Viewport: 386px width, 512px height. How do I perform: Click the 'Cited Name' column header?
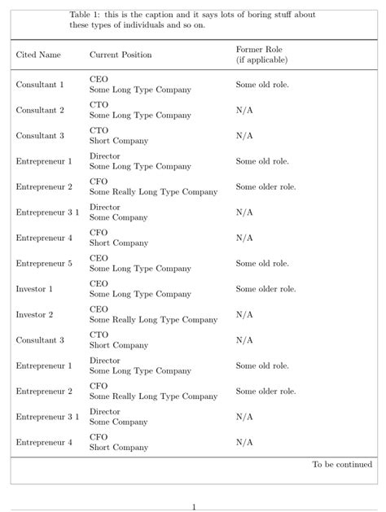(x=38, y=55)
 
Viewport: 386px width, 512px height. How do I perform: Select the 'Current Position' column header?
(x=120, y=55)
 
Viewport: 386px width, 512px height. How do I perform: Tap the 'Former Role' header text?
(x=259, y=50)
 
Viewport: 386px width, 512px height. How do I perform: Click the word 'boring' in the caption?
(x=239, y=15)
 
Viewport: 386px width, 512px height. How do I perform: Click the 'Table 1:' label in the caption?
(x=85, y=15)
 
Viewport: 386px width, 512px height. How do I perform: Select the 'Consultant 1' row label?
(x=40, y=85)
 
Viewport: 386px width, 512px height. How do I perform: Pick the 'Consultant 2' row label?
(x=40, y=110)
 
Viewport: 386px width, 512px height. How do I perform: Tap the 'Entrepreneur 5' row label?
(x=44, y=264)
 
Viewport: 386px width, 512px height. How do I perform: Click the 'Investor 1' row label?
(x=34, y=289)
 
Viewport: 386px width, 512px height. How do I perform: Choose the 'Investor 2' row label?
(x=34, y=314)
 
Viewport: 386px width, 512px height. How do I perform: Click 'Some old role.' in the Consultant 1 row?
(x=262, y=85)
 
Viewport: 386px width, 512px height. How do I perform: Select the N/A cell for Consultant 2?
(x=244, y=110)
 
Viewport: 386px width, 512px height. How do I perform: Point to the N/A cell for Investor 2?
(x=244, y=314)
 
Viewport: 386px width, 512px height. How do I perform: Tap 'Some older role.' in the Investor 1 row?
(x=265, y=289)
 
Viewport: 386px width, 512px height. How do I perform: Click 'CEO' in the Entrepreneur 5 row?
(x=99, y=258)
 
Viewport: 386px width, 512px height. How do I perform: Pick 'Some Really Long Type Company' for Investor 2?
(x=153, y=320)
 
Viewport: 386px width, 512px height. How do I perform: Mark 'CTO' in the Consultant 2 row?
(x=99, y=104)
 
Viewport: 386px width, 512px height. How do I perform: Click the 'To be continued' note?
(x=342, y=465)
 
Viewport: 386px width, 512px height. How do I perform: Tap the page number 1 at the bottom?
(x=193, y=507)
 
